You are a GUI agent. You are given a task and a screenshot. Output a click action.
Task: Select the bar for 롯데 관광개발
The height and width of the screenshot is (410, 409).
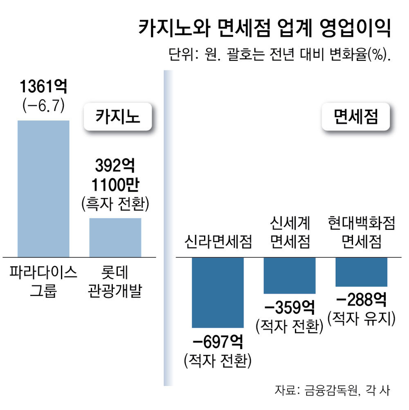coord(115,237)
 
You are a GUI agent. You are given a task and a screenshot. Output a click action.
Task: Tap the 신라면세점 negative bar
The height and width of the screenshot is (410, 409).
coord(218,292)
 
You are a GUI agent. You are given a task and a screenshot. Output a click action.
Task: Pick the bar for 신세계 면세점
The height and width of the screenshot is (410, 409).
coord(290,275)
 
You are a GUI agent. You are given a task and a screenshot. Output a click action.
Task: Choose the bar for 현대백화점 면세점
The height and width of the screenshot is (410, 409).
coord(361,272)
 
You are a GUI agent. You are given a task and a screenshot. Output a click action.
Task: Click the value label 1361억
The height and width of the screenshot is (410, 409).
coord(43,87)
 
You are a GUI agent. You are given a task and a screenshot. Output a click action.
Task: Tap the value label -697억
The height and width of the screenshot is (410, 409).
coord(218,341)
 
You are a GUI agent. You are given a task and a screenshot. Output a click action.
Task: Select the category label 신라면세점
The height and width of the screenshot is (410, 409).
coord(218,242)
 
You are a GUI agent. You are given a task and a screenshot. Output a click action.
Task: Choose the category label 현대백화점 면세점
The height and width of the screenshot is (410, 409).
coord(362,233)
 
